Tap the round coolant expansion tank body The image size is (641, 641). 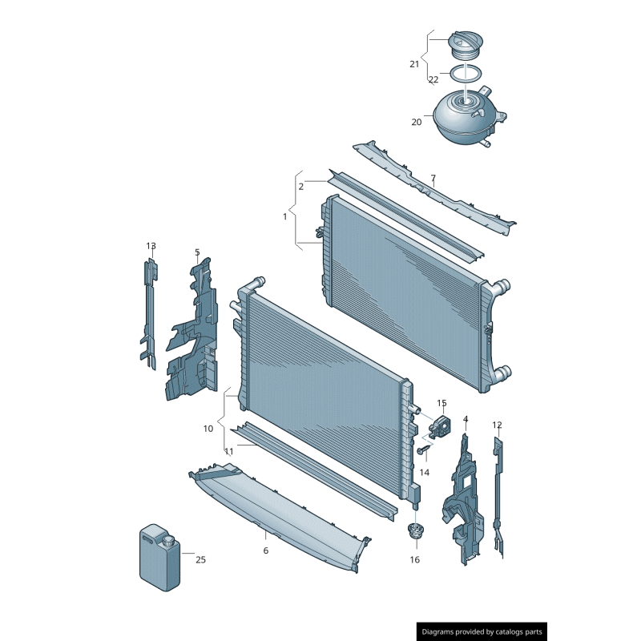pos(466,119)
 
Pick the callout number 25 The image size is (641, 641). pos(200,559)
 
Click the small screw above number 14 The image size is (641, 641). pos(424,450)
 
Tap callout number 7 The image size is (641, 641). pos(433,178)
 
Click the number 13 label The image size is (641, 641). pos(151,246)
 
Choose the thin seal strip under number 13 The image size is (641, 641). pos(149,314)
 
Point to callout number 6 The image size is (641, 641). pos(266,550)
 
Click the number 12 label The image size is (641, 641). pos(497,425)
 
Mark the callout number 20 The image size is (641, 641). pos(416,122)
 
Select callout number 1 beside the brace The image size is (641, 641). pos(285,216)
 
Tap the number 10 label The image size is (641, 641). pos(208,429)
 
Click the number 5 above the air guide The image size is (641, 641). pos(197,252)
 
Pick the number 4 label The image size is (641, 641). pos(466,419)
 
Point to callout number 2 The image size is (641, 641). pos(301,187)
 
